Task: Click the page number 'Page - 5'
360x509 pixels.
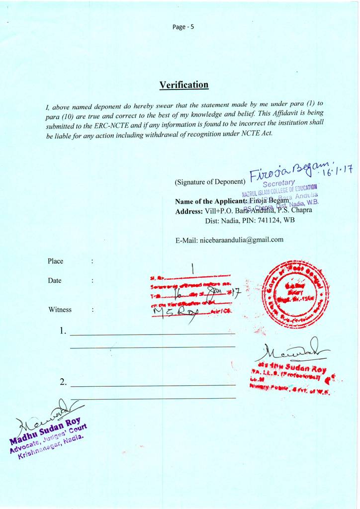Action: [183, 27]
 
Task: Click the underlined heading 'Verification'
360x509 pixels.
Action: [183, 85]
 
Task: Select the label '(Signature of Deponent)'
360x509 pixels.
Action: [210, 182]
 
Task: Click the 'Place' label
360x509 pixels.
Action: [55, 261]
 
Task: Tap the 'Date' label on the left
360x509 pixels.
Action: [55, 280]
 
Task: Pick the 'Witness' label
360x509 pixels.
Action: [60, 310]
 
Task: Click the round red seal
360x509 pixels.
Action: [295, 295]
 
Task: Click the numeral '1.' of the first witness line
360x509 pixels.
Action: [63, 331]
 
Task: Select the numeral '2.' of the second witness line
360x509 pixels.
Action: [63, 382]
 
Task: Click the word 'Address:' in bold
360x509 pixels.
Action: [189, 211]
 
